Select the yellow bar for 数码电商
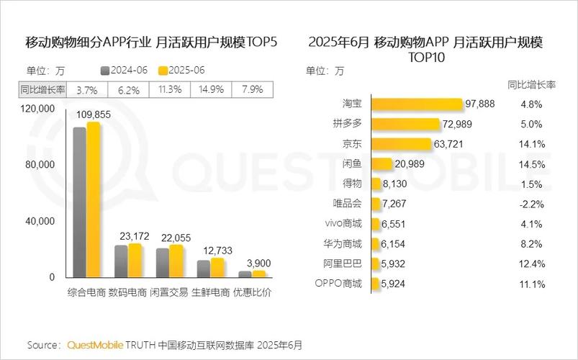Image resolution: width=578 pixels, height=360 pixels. click(x=135, y=260)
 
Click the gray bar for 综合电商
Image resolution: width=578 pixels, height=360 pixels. click(x=79, y=202)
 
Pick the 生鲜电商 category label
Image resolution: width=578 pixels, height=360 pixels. click(x=210, y=293)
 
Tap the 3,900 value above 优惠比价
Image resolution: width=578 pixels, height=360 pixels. click(x=258, y=262)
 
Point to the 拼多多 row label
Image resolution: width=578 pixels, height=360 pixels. click(x=347, y=124)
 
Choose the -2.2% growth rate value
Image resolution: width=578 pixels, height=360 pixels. click(x=530, y=204)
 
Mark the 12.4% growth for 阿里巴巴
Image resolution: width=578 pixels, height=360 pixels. click(x=530, y=264)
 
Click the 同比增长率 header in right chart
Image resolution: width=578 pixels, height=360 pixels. click(x=530, y=84)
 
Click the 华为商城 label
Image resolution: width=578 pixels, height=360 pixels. click(x=343, y=244)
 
